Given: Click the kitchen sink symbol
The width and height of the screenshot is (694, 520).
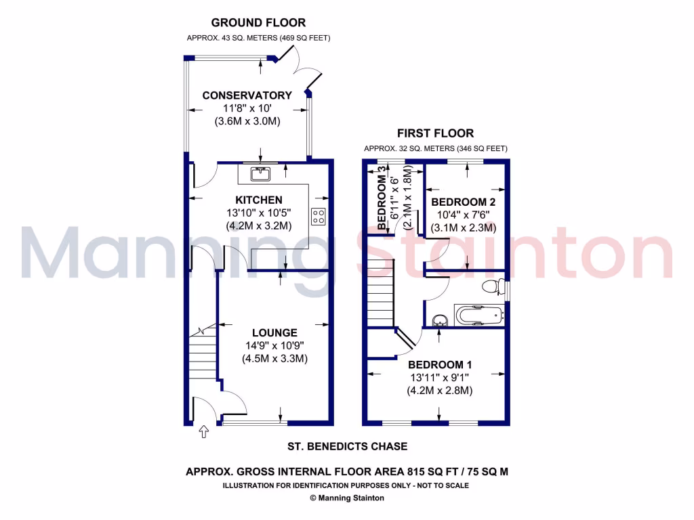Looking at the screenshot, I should pyautogui.click(x=260, y=174).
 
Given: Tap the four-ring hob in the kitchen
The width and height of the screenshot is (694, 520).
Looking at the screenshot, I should pyautogui.click(x=317, y=216).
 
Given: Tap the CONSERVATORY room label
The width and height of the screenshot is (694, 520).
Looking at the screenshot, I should pyautogui.click(x=247, y=95).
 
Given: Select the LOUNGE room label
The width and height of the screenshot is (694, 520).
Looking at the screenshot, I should pyautogui.click(x=274, y=332).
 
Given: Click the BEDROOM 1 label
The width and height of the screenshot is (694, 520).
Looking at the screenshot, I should pyautogui.click(x=439, y=364).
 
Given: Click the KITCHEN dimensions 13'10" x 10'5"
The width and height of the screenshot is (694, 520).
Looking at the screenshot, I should pyautogui.click(x=258, y=213).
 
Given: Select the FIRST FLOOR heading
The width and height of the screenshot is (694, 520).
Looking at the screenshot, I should pyautogui.click(x=436, y=133).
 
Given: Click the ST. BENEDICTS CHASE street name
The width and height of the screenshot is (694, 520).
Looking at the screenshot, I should pyautogui.click(x=346, y=446).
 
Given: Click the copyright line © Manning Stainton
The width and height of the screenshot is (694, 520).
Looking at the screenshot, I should pyautogui.click(x=347, y=498).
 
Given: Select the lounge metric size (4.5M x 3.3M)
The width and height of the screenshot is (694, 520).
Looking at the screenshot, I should pyautogui.click(x=274, y=359).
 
